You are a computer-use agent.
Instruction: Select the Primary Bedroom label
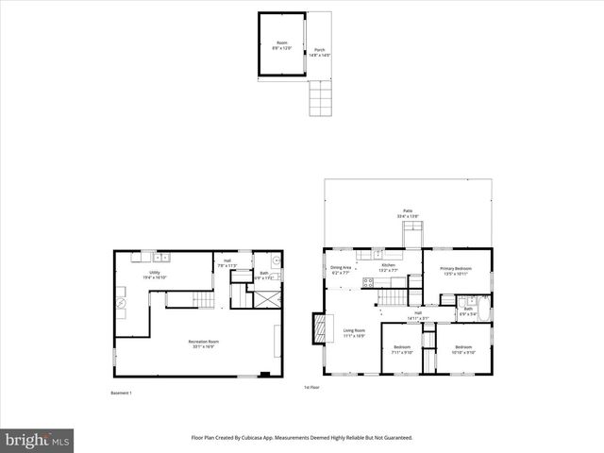click(x=456, y=271)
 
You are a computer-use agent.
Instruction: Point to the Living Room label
click(x=354, y=332)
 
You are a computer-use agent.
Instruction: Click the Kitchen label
click(x=388, y=268)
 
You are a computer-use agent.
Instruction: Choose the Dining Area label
click(x=341, y=270)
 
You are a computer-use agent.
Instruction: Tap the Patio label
click(x=408, y=214)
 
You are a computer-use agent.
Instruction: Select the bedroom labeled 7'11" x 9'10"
click(x=402, y=350)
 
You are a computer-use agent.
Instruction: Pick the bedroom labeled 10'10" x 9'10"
click(x=463, y=350)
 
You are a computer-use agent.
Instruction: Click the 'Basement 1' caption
click(x=122, y=393)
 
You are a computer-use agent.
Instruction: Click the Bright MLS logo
click(x=38, y=440)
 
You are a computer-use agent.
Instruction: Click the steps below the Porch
click(x=321, y=96)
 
